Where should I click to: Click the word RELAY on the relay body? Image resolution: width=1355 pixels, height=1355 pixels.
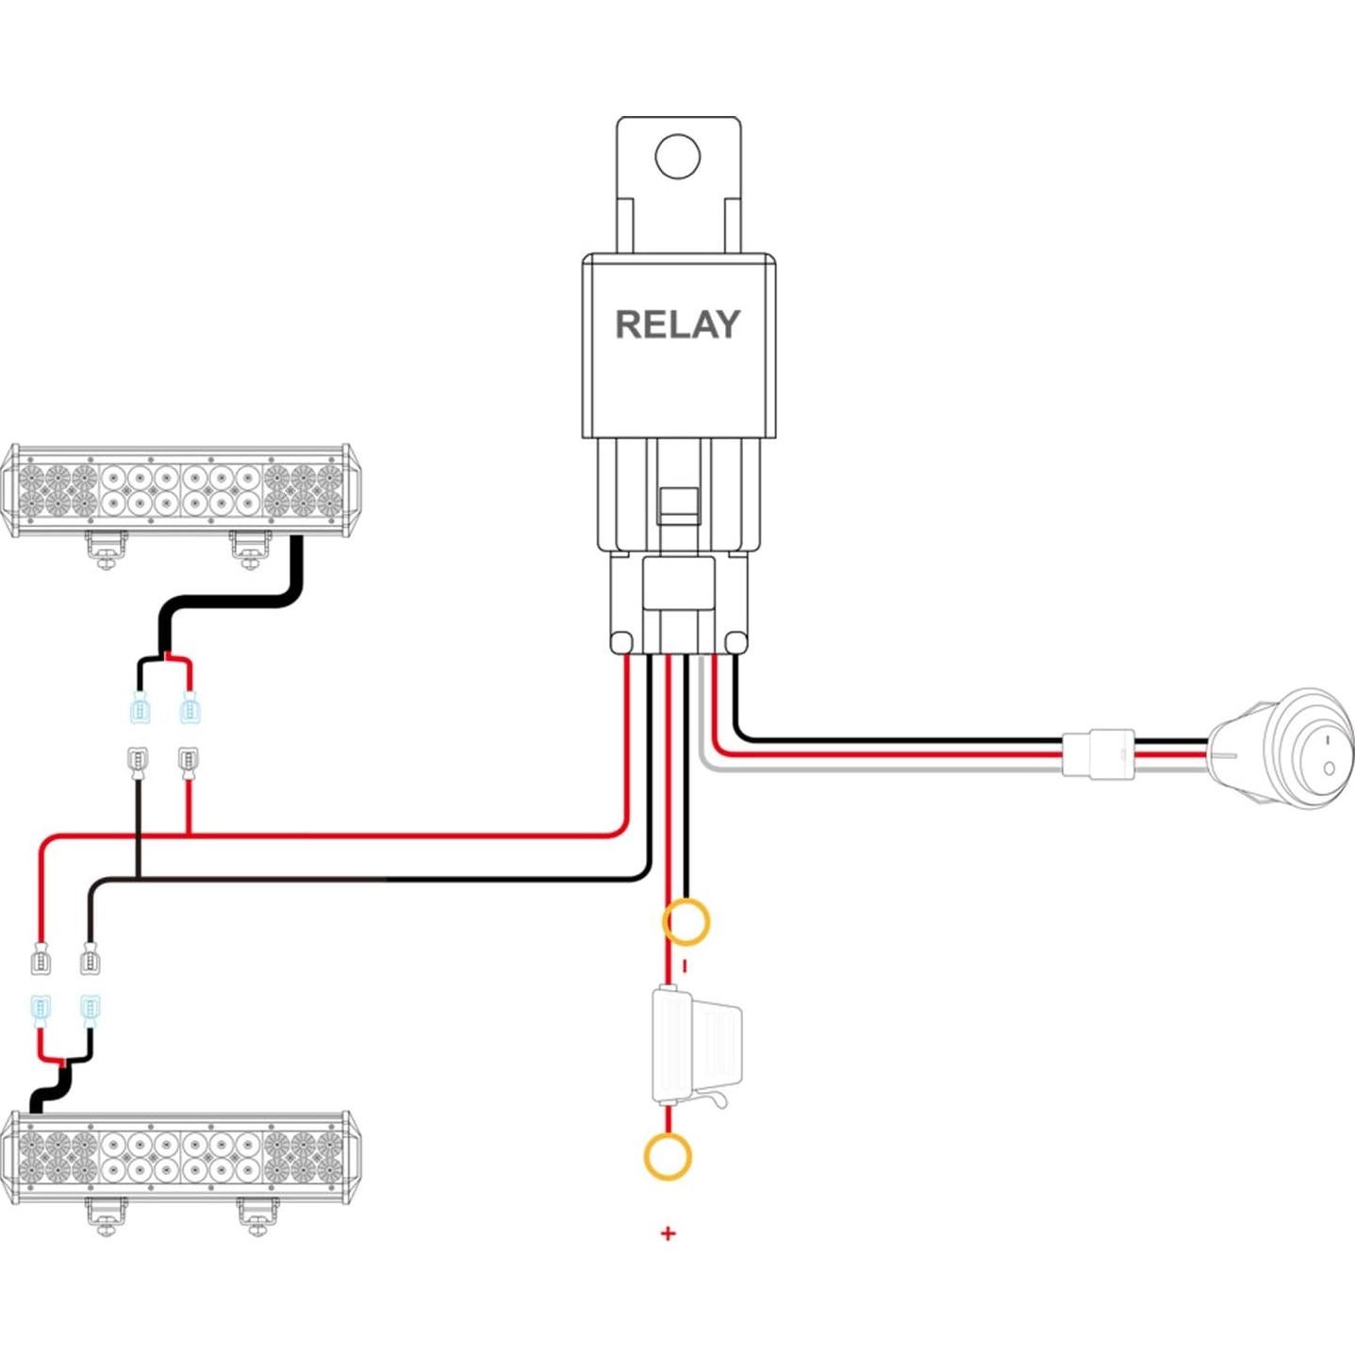click(x=677, y=324)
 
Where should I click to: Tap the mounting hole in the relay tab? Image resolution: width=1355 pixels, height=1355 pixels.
click(x=677, y=157)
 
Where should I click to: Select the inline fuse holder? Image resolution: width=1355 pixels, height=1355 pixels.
click(x=696, y=1046)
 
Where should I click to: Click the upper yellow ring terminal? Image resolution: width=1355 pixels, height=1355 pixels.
click(x=686, y=922)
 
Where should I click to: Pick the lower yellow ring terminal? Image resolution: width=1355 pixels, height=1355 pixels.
click(x=668, y=1156)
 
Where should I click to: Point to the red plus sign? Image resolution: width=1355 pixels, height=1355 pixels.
click(x=669, y=1232)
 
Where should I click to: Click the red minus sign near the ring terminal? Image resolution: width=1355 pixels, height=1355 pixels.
click(x=685, y=966)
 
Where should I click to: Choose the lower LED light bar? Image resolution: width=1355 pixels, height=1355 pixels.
click(x=179, y=1157)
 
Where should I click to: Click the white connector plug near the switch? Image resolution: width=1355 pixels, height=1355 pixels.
click(x=1099, y=754)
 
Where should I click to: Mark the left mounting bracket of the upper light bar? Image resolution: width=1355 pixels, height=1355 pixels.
click(x=106, y=549)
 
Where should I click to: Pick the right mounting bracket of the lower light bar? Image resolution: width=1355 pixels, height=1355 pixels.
click(x=256, y=1216)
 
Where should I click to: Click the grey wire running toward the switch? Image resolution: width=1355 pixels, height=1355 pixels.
click(x=849, y=768)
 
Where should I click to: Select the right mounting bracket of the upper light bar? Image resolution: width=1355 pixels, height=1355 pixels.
click(x=250, y=548)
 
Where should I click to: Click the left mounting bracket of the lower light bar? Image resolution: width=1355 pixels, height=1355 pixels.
click(x=106, y=1216)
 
